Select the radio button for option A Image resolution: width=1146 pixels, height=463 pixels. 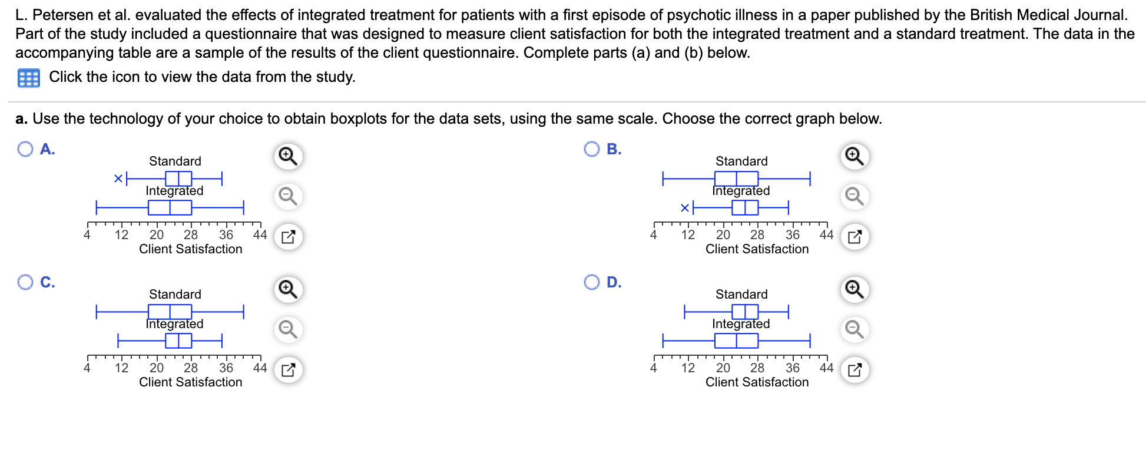25,149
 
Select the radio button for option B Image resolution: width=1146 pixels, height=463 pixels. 592,149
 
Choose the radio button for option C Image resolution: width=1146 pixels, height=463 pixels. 25,282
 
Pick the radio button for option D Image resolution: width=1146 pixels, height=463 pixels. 592,282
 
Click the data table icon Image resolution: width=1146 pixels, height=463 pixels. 29,78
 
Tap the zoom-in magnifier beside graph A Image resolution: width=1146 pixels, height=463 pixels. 288,156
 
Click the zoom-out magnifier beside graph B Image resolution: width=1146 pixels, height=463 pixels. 854,196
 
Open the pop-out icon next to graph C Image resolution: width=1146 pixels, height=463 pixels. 288,370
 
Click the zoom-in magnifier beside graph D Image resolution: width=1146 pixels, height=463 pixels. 854,289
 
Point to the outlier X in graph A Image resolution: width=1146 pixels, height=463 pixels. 118,178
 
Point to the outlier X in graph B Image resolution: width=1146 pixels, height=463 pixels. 685,207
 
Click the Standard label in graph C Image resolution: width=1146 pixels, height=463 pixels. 175,294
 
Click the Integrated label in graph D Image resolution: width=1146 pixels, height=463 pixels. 741,323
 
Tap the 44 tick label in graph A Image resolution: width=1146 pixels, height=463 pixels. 260,234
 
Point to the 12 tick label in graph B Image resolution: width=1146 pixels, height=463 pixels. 688,234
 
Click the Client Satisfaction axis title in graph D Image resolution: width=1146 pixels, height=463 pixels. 757,382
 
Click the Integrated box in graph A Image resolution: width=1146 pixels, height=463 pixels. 170,207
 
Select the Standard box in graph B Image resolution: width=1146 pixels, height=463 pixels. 736,178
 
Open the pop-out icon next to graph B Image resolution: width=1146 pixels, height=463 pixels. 854,237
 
